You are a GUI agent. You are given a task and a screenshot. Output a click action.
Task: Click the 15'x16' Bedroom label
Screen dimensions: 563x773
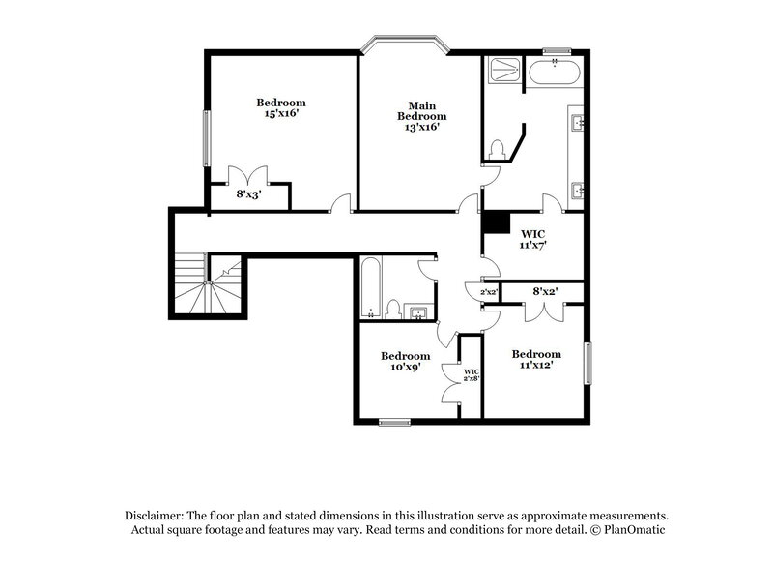(x=280, y=107)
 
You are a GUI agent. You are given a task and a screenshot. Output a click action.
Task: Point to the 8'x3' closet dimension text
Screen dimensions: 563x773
(x=248, y=193)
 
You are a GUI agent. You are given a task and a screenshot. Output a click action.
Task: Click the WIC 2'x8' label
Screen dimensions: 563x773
(x=472, y=375)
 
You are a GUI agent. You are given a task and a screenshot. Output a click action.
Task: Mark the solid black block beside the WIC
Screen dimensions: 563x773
(x=496, y=222)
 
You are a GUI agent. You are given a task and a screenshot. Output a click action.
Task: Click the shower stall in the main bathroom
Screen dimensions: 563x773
(x=502, y=71)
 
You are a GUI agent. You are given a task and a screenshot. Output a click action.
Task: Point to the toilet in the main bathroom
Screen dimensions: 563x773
(x=498, y=149)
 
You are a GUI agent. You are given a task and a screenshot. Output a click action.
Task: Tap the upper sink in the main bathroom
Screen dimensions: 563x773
(x=577, y=123)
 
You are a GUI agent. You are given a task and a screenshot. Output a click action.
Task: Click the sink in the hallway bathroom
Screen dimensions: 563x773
(x=419, y=311)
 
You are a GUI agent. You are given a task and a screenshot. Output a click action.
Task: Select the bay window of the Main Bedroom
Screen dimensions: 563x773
(x=405, y=44)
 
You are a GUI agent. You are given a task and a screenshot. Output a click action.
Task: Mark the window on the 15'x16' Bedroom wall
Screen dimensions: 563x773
(x=205, y=138)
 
